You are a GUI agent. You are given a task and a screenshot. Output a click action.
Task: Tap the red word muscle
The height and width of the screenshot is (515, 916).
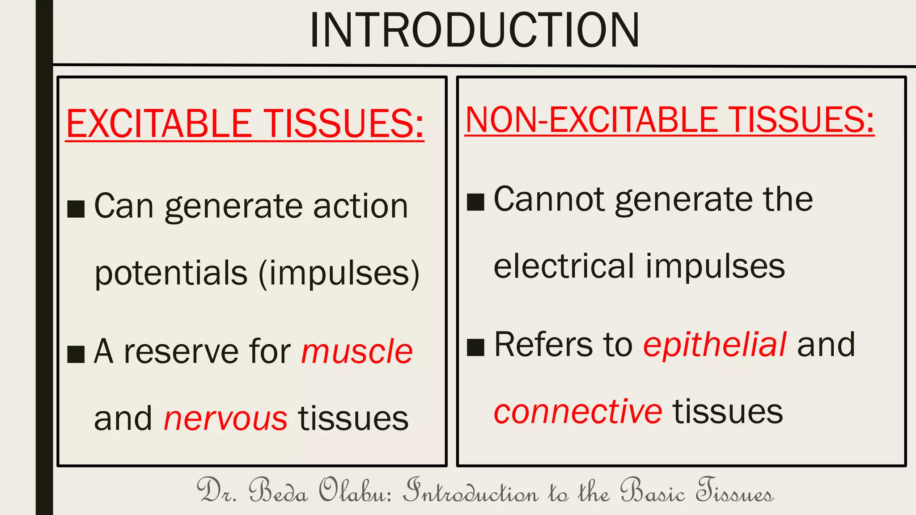(356, 351)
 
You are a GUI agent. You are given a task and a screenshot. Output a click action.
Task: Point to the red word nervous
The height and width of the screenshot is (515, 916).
(225, 418)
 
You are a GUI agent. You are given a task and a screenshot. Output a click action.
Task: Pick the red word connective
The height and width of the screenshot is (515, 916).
(577, 411)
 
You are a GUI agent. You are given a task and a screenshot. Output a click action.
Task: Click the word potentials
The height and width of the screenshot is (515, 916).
(171, 273)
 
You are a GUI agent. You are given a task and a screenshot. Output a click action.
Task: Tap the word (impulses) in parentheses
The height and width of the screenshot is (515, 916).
(339, 273)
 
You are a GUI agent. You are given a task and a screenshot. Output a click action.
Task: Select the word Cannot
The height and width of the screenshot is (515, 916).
(549, 199)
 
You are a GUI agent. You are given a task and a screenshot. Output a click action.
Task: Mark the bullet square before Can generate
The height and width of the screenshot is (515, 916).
(76, 209)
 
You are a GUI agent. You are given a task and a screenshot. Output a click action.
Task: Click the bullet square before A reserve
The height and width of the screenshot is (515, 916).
(76, 354)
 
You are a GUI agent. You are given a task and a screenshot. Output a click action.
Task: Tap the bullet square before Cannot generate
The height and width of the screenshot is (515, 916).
(475, 202)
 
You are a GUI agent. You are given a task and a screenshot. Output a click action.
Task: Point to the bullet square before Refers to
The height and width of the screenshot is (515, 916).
(475, 347)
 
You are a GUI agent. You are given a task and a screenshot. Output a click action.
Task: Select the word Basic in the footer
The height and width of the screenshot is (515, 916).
(653, 491)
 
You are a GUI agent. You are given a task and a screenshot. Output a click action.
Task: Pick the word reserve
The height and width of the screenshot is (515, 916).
(181, 351)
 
